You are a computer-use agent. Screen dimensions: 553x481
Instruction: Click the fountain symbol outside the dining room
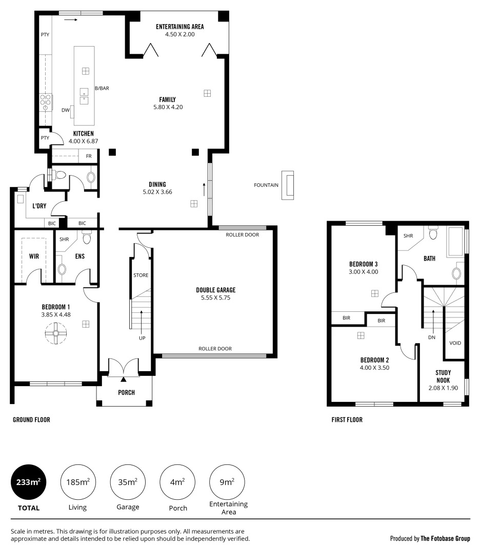click(289, 185)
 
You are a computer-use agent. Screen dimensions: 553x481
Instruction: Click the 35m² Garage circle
click(128, 482)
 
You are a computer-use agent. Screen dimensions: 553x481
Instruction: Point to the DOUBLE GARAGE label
click(216, 290)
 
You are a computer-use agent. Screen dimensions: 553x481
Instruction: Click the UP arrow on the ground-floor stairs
click(142, 323)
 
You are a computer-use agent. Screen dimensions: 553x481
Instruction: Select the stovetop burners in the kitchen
click(46, 102)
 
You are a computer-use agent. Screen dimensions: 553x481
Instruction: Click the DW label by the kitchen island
click(65, 110)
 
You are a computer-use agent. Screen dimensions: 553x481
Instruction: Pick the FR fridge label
click(89, 156)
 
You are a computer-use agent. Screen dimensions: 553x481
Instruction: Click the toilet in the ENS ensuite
click(87, 238)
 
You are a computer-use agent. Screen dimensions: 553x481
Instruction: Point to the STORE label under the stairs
click(141, 275)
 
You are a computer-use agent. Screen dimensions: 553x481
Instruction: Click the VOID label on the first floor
click(455, 343)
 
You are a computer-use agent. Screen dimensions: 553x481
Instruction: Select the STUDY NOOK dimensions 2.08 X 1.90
click(443, 388)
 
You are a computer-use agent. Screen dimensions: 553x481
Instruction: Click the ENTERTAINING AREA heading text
click(180, 27)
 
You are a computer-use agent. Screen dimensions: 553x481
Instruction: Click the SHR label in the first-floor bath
click(408, 236)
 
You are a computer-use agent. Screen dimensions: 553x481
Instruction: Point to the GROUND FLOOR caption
click(31, 420)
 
